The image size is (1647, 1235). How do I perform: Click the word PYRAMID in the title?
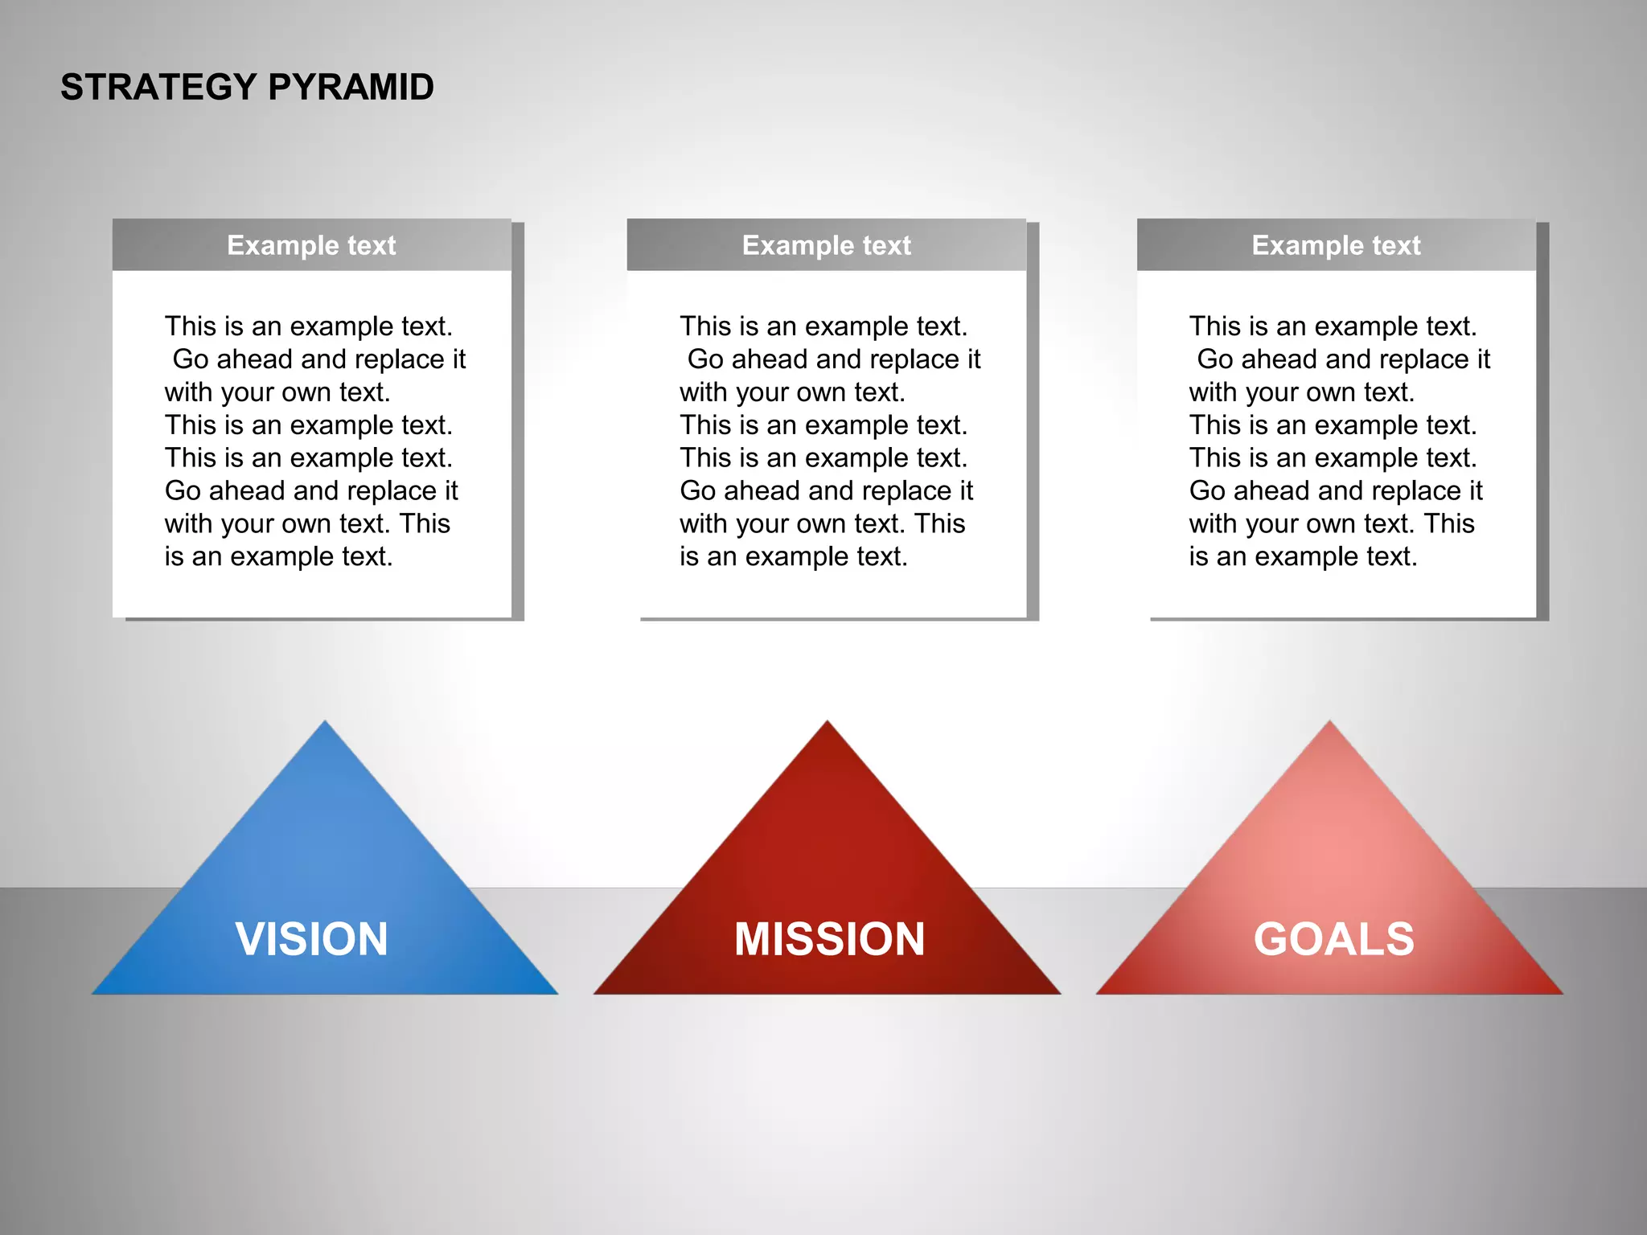[351, 87]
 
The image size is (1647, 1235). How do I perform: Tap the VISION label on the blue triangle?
[312, 939]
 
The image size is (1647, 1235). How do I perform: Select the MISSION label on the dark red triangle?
[829, 939]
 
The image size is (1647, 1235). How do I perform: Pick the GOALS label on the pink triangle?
[1333, 939]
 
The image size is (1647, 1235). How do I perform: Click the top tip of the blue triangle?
[325, 724]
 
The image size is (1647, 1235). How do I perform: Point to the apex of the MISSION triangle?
[828, 724]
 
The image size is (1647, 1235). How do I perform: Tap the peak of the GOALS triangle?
[1329, 724]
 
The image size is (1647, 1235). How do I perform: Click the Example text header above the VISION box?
[311, 245]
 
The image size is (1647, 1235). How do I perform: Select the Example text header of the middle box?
[826, 245]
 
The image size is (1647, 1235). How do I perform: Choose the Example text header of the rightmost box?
[1336, 245]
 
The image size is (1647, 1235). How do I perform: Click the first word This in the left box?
[191, 326]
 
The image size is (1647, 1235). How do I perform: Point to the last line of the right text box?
[1303, 556]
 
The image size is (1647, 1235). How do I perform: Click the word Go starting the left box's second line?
[191, 359]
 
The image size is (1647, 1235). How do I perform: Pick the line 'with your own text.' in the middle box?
[792, 392]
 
